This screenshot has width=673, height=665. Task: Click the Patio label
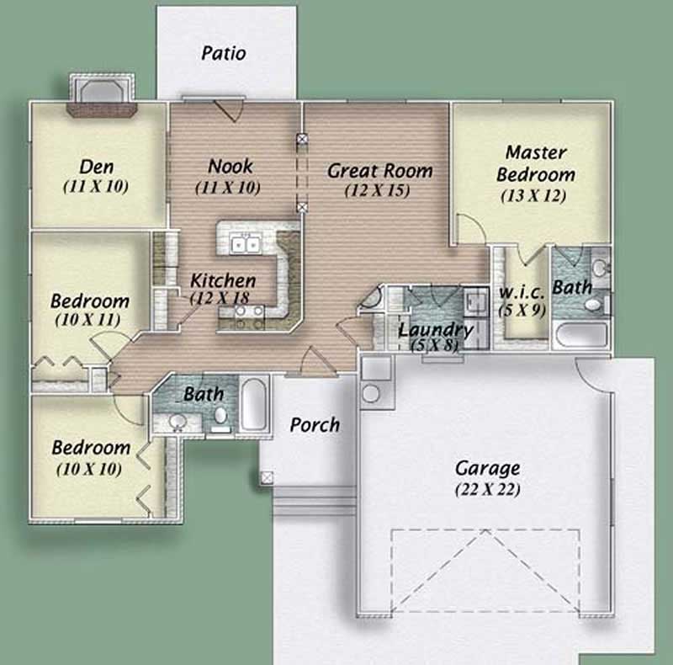point(224,53)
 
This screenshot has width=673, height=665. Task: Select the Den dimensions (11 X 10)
point(96,187)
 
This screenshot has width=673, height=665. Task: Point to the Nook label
point(230,166)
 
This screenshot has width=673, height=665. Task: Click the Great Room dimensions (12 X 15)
point(377,191)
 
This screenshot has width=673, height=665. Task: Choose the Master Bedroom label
point(536,164)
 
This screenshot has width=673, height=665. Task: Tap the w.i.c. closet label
point(522,291)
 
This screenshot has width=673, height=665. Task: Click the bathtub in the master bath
point(580,333)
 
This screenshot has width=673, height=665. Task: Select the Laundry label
point(435,329)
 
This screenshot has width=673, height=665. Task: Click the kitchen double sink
point(243,244)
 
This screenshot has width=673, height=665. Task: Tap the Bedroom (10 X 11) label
point(90,301)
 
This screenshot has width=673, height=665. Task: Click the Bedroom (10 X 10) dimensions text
point(88,468)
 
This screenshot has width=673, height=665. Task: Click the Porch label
point(315,424)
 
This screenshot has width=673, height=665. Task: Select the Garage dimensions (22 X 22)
point(487,488)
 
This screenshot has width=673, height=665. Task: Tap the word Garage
point(487,468)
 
